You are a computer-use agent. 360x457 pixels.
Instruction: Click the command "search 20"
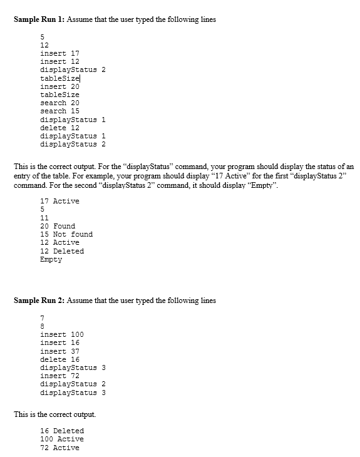pyautogui.click(x=59, y=103)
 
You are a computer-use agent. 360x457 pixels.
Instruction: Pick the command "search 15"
pyautogui.click(x=59, y=111)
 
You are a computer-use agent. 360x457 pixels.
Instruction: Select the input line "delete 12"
pyautogui.click(x=59, y=128)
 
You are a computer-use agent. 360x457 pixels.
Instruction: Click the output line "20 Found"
pyautogui.click(x=58, y=226)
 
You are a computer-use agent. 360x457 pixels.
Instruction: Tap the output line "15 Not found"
pyautogui.click(x=66, y=234)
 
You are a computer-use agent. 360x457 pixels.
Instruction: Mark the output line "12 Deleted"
pyautogui.click(x=62, y=251)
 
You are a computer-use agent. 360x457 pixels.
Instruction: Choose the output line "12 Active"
pyautogui.click(x=59, y=242)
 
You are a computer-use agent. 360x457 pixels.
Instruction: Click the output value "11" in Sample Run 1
pyautogui.click(x=44, y=218)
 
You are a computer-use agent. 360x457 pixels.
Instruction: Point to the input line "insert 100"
pyautogui.click(x=62, y=334)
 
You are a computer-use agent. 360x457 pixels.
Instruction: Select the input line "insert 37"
pyautogui.click(x=59, y=351)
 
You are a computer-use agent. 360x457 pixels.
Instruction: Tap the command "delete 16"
pyautogui.click(x=59, y=359)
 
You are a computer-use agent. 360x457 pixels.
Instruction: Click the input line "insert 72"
pyautogui.click(x=59, y=376)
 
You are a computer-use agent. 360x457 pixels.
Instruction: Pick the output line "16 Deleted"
pyautogui.click(x=62, y=431)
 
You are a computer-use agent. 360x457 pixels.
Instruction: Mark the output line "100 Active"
pyautogui.click(x=62, y=439)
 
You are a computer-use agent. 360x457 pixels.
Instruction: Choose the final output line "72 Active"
pyautogui.click(x=59, y=448)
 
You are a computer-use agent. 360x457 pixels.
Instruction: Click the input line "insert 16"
pyautogui.click(x=59, y=342)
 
